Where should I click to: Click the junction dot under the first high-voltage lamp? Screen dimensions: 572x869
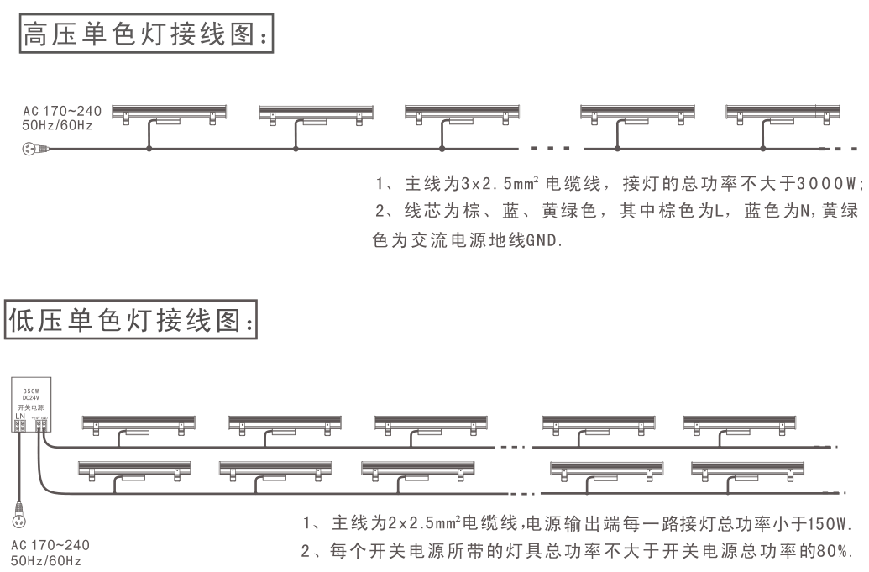pos(149,149)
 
